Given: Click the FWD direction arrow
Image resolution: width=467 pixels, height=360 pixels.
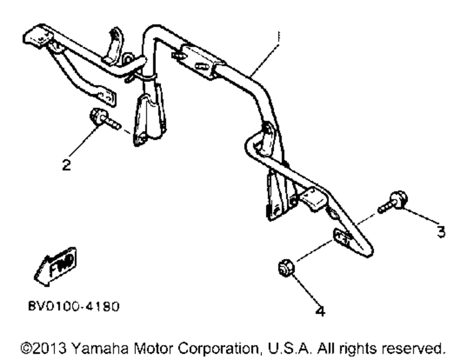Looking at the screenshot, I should coord(56,265).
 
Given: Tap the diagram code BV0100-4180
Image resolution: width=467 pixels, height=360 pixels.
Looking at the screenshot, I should coord(73,307).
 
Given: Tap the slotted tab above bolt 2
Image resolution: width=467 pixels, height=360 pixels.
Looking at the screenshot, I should coord(105,96).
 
